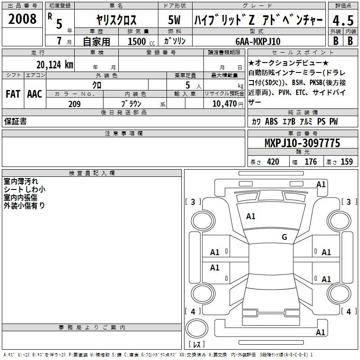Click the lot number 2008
[x=22, y=19]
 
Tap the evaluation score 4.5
[x=343, y=20]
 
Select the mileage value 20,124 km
[x=55, y=65]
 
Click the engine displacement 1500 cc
[x=141, y=41]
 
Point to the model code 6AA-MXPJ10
[x=258, y=41]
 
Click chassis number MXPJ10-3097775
[x=302, y=143]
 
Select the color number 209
[x=74, y=104]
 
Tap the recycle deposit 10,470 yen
[x=228, y=104]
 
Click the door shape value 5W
[x=174, y=20]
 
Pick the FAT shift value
[x=13, y=94]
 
